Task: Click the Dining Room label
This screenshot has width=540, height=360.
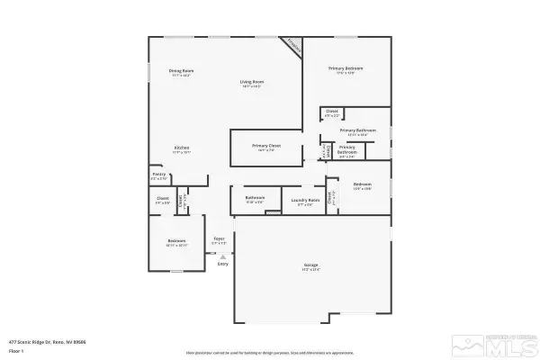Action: (x=182, y=72)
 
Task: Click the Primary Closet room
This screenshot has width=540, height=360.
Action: (x=266, y=148)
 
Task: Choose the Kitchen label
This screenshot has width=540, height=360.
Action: (x=182, y=149)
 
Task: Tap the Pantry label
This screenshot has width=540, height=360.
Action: (x=159, y=176)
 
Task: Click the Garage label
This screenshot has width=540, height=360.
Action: (x=310, y=265)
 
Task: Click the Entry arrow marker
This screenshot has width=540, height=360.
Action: (x=221, y=257)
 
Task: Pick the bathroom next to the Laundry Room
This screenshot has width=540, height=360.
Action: (x=255, y=199)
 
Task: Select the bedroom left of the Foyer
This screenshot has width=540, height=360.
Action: (x=176, y=243)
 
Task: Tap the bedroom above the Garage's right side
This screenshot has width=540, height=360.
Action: (x=363, y=189)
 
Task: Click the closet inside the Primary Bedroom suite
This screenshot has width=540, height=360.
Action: (x=332, y=113)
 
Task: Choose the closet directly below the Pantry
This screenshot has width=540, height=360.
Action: (x=163, y=200)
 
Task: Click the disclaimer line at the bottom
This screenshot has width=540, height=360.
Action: (x=269, y=353)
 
